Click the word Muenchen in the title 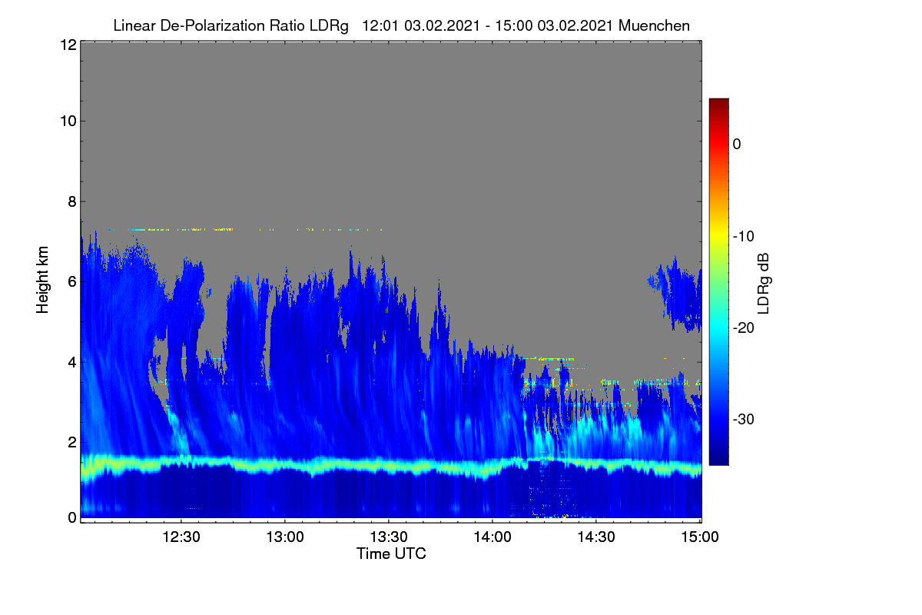654,26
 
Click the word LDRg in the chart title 329,26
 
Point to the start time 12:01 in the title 380,26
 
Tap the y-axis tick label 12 68,45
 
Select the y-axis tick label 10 68,121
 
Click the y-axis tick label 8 72,202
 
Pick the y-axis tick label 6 72,282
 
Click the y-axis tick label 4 72,363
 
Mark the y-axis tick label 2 72,442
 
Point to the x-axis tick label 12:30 181,537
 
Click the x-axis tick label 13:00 285,537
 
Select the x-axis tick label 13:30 389,537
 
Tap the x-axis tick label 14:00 493,537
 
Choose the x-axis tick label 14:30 596,537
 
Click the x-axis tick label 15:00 700,537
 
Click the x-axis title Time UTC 391,554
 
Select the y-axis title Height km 42,280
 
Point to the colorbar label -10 744,237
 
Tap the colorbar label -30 744,419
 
